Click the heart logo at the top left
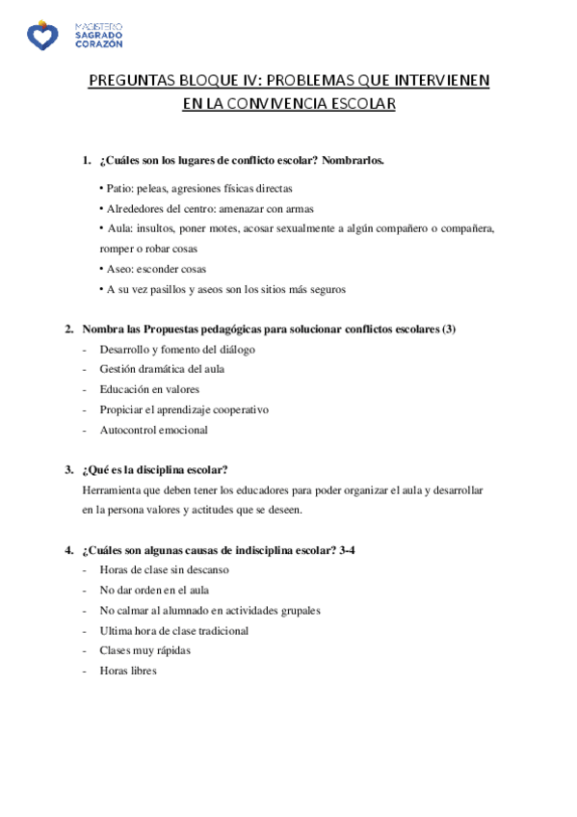click(x=41, y=36)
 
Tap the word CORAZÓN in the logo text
click(x=98, y=44)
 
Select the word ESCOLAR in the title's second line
click(x=360, y=104)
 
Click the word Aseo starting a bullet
click(x=118, y=269)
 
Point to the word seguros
click(x=327, y=289)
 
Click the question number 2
click(x=69, y=329)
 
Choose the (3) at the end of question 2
click(x=448, y=329)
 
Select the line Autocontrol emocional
click(x=153, y=430)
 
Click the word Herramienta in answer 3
click(x=115, y=489)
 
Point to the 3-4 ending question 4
click(x=352, y=550)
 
